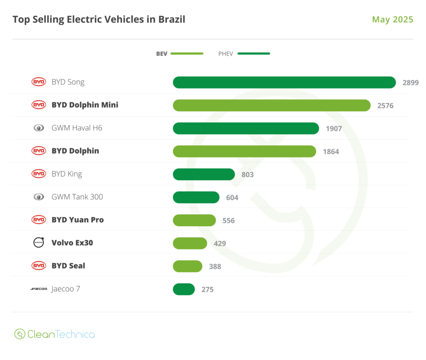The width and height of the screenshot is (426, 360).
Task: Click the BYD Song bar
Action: [x=284, y=82]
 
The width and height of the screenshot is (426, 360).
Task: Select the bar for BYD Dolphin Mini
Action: [x=271, y=105]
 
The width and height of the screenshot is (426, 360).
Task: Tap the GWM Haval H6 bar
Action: [x=246, y=128]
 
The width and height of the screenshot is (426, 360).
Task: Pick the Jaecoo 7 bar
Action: [x=184, y=289]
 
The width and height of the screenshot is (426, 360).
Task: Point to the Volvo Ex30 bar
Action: [x=190, y=244]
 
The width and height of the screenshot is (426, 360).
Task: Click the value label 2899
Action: [x=410, y=83]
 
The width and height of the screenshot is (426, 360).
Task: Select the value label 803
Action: [x=247, y=174]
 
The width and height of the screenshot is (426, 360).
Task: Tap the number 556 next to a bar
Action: [x=228, y=221]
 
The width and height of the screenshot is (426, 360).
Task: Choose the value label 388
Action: [x=215, y=266]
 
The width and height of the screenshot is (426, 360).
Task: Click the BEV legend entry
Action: [x=179, y=54]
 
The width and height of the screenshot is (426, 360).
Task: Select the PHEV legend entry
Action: [x=244, y=54]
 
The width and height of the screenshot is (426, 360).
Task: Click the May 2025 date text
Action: [x=392, y=20]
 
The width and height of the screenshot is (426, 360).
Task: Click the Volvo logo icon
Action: [x=39, y=243]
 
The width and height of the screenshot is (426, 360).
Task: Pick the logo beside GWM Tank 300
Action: [x=39, y=197]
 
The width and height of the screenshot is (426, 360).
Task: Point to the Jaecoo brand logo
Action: [x=39, y=289]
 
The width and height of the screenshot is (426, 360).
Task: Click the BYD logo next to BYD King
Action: [x=39, y=174]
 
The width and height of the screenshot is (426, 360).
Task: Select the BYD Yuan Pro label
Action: [x=78, y=220]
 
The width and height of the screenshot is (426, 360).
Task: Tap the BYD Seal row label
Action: [x=68, y=266]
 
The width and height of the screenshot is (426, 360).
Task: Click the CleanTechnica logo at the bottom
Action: [x=55, y=334]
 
